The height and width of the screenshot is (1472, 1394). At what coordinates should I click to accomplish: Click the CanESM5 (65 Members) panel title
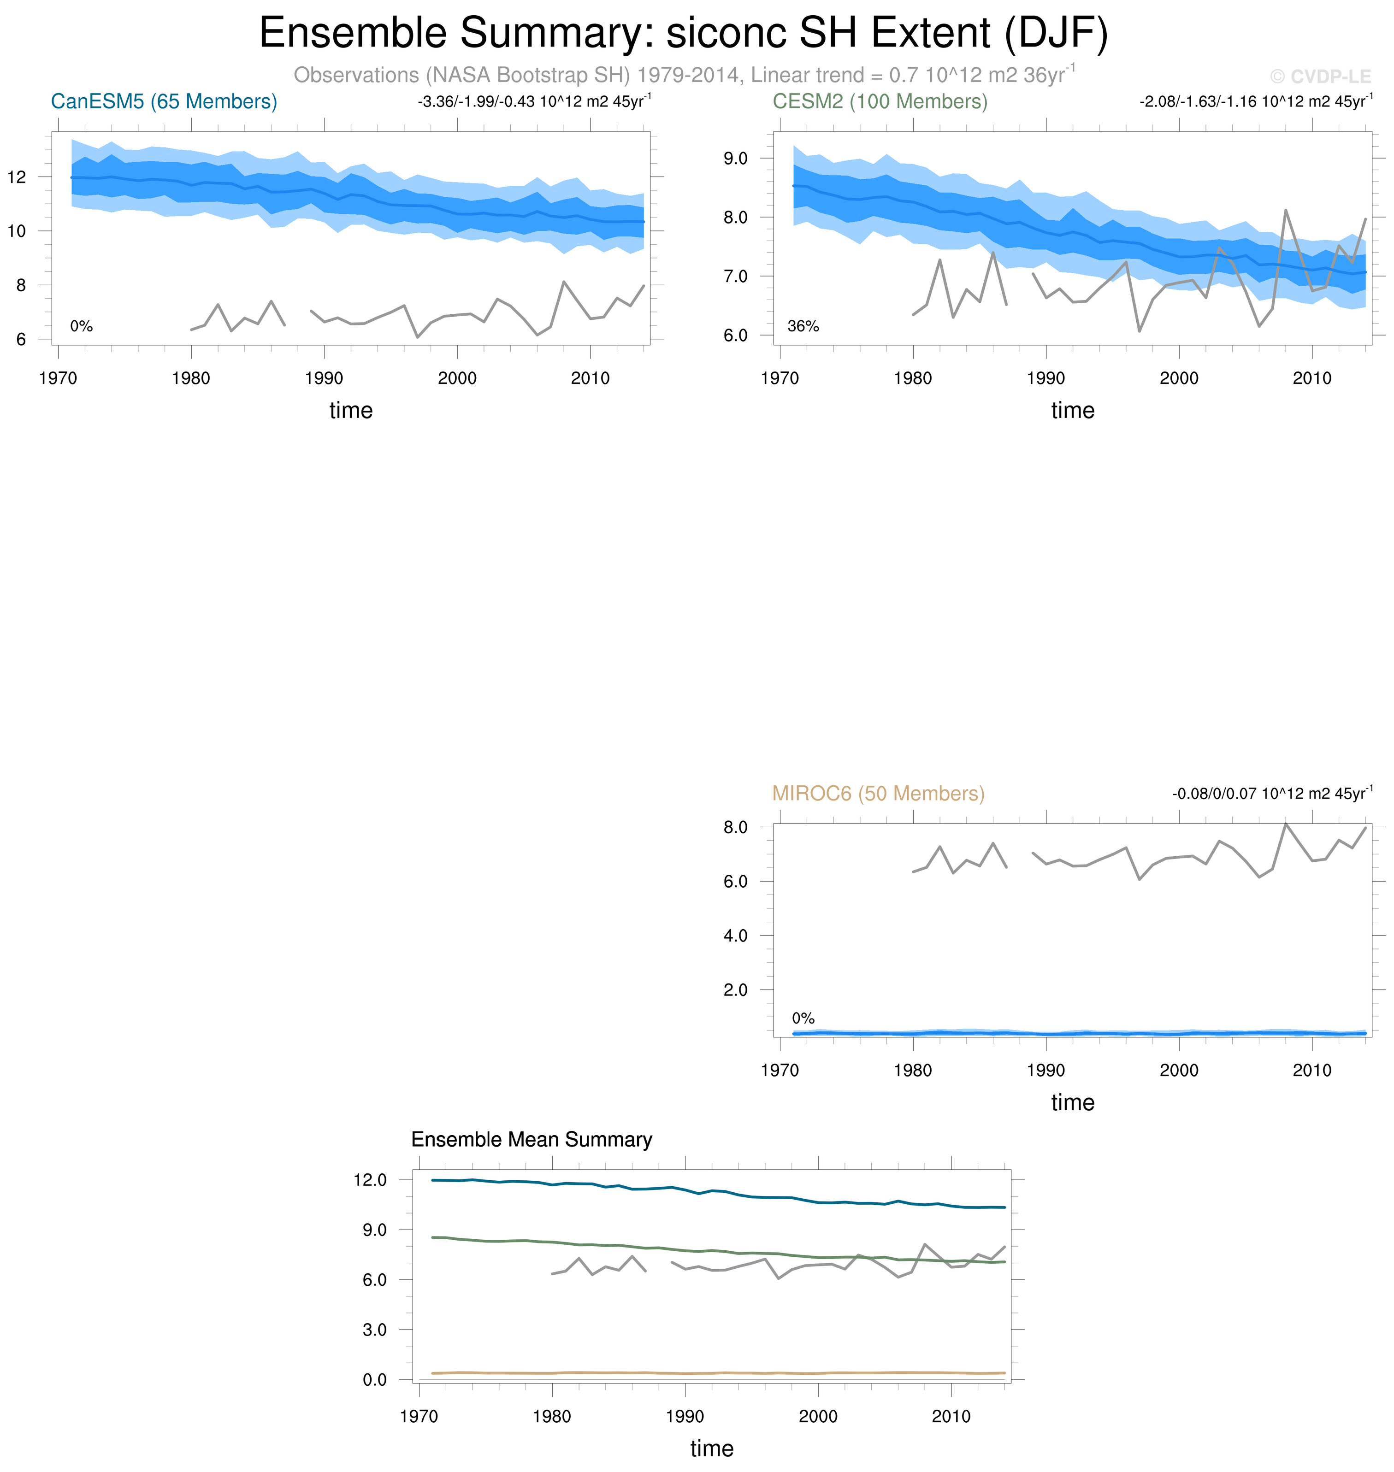tap(164, 102)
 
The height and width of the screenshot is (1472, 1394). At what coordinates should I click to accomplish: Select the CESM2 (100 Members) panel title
tap(880, 102)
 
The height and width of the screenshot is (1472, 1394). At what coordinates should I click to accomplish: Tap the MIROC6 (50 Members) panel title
tap(878, 794)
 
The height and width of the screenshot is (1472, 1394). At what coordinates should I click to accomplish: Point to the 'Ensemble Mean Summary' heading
tap(532, 1140)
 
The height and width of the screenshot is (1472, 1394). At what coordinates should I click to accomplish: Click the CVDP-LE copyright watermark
tap(1320, 77)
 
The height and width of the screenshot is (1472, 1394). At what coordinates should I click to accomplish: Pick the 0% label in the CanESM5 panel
tap(81, 326)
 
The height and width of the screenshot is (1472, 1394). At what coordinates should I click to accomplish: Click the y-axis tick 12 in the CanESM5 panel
tap(17, 177)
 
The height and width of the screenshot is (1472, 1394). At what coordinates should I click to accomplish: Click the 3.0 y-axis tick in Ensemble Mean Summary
tap(374, 1329)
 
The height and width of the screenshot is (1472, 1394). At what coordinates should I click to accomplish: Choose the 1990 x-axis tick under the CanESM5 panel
tap(324, 378)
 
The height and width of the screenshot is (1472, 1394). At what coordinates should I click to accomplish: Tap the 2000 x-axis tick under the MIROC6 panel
tap(1179, 1070)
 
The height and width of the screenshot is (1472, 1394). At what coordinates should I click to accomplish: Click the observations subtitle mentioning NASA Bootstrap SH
tap(684, 75)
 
